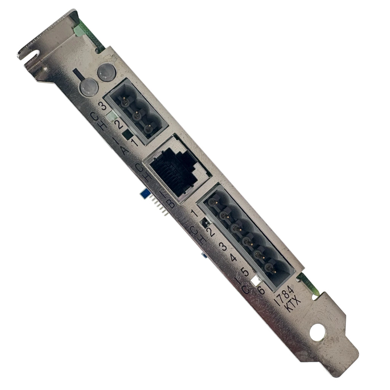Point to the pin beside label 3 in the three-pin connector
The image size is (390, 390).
pyautogui.click(x=125, y=102)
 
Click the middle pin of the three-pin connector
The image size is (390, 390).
pyautogui.click(x=136, y=115)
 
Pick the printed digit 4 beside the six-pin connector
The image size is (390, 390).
pyautogui.click(x=233, y=258)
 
